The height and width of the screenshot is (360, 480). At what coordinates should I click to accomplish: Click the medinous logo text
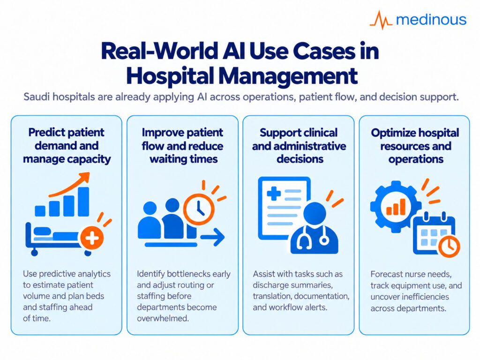pyautogui.click(x=431, y=20)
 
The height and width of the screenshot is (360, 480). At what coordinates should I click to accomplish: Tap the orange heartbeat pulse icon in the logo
pyautogui.click(x=381, y=20)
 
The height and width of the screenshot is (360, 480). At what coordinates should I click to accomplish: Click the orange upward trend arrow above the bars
pyautogui.click(x=70, y=185)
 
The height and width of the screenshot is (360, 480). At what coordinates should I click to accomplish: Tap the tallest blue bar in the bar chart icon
pyautogui.click(x=83, y=202)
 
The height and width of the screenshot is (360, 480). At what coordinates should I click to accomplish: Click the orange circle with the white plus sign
pyautogui.click(x=91, y=238)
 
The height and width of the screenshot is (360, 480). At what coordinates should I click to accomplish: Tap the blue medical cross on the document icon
pyautogui.click(x=274, y=194)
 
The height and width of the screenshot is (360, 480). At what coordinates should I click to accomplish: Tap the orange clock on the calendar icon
pyautogui.click(x=449, y=246)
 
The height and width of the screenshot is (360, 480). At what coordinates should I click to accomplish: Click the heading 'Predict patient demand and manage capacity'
pyautogui.click(x=67, y=146)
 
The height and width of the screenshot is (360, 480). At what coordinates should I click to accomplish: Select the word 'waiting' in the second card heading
pyautogui.click(x=168, y=159)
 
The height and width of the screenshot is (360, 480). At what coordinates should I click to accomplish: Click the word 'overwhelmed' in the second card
pyautogui.click(x=163, y=318)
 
